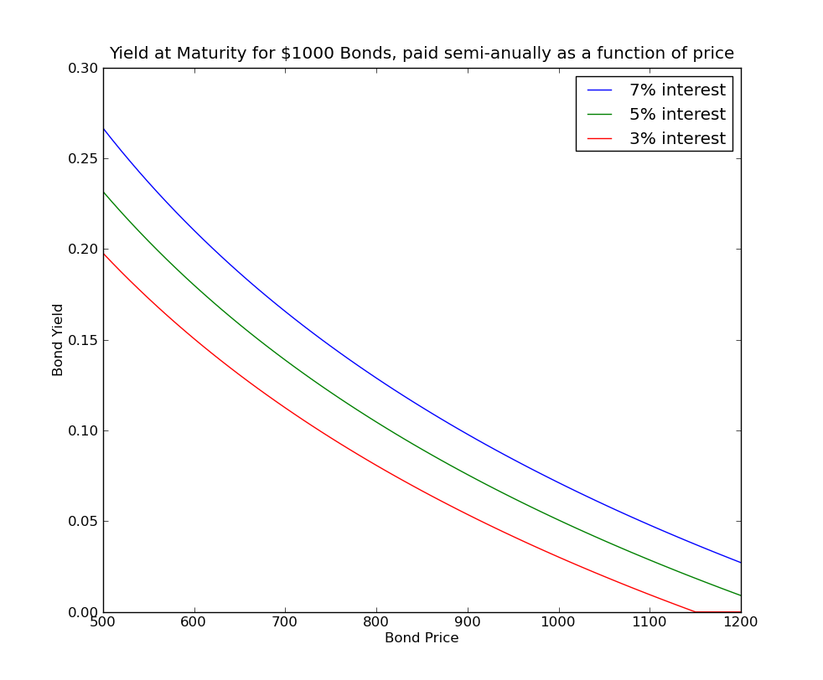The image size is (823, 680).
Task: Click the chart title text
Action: click(x=422, y=54)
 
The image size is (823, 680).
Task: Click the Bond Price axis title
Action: click(x=422, y=638)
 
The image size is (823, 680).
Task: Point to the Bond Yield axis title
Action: click(x=58, y=339)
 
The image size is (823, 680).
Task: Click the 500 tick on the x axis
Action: click(x=103, y=622)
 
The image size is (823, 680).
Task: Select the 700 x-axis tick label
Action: click(x=285, y=622)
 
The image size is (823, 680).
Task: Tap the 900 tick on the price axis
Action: click(x=468, y=622)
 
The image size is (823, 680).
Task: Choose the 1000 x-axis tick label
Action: click(x=558, y=622)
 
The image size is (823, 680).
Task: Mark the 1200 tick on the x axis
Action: click(x=740, y=622)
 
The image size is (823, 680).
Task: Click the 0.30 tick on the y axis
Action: click(x=83, y=69)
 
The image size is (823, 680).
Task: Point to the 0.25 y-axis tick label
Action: click(x=83, y=159)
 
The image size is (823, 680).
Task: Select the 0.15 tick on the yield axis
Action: click(x=83, y=341)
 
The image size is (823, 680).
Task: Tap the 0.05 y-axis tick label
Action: click(x=83, y=522)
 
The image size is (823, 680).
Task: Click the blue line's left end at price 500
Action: click(x=104, y=129)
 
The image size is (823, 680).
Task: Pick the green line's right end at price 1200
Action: click(x=740, y=595)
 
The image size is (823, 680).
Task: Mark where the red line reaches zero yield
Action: click(x=696, y=611)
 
